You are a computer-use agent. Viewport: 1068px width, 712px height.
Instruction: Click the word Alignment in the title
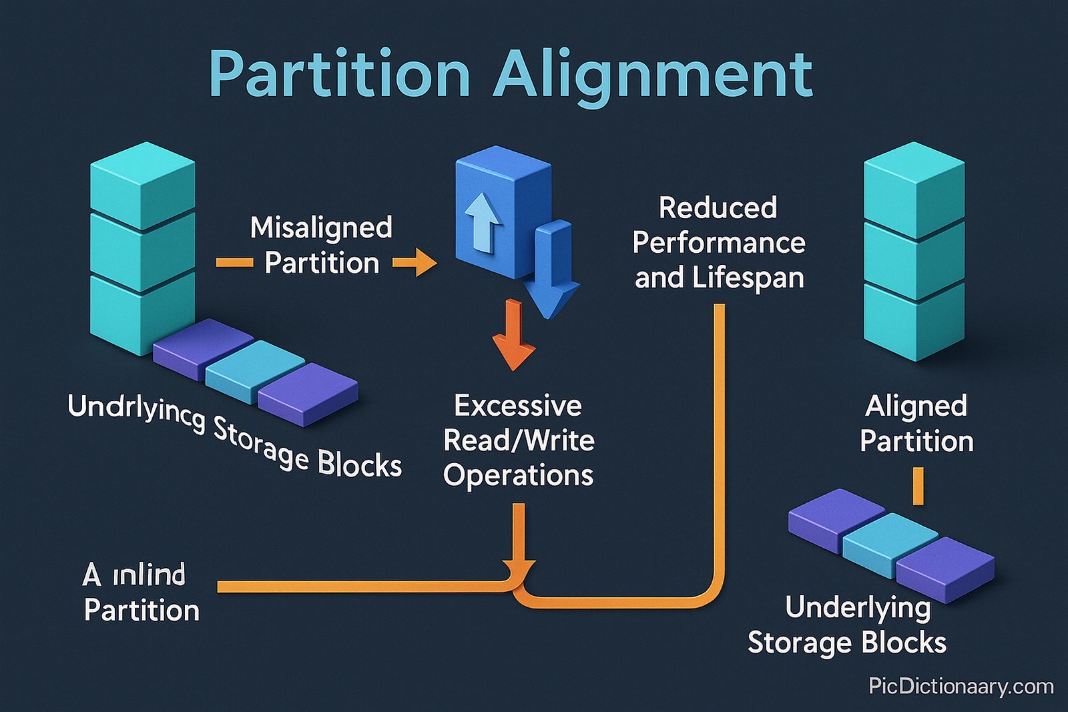point(653,75)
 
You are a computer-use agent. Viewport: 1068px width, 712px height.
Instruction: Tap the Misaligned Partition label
point(322,245)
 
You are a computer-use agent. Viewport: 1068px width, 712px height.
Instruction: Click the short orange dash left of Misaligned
point(234,262)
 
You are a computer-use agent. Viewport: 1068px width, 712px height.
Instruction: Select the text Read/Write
point(519,440)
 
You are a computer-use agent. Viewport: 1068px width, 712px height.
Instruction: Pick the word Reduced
point(718,208)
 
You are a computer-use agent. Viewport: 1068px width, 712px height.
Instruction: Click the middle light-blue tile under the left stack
point(254,370)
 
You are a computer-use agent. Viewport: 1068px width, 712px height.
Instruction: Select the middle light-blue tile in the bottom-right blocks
point(890,544)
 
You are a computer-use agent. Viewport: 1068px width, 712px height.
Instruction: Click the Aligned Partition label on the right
point(916,423)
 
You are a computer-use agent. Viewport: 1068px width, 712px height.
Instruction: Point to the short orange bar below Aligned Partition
point(918,485)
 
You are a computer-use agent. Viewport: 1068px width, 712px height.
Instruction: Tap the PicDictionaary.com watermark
point(961,686)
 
